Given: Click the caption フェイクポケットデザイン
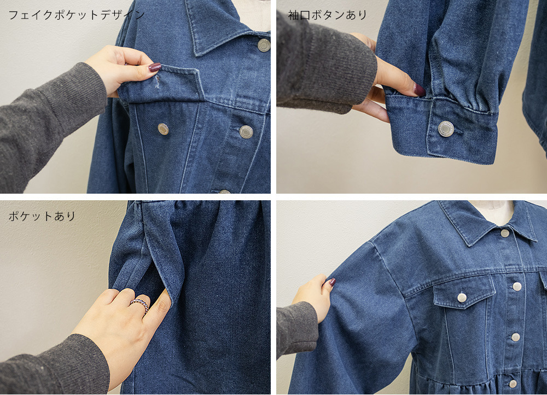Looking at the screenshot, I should [76, 15].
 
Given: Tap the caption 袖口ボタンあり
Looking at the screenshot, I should [328, 15].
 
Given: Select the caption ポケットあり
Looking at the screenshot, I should [42, 216].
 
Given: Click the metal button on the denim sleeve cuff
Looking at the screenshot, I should [446, 129].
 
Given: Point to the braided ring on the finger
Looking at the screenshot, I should [139, 305].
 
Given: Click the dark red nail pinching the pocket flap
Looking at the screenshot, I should [155, 67].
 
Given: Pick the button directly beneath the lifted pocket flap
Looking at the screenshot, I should [163, 129].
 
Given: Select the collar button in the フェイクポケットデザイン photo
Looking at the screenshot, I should [264, 45].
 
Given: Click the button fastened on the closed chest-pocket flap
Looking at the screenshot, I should [462, 297].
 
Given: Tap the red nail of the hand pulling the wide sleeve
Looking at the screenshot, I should [331, 283].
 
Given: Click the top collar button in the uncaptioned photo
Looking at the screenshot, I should [505, 233].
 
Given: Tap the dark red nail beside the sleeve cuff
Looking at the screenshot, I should [419, 89].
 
